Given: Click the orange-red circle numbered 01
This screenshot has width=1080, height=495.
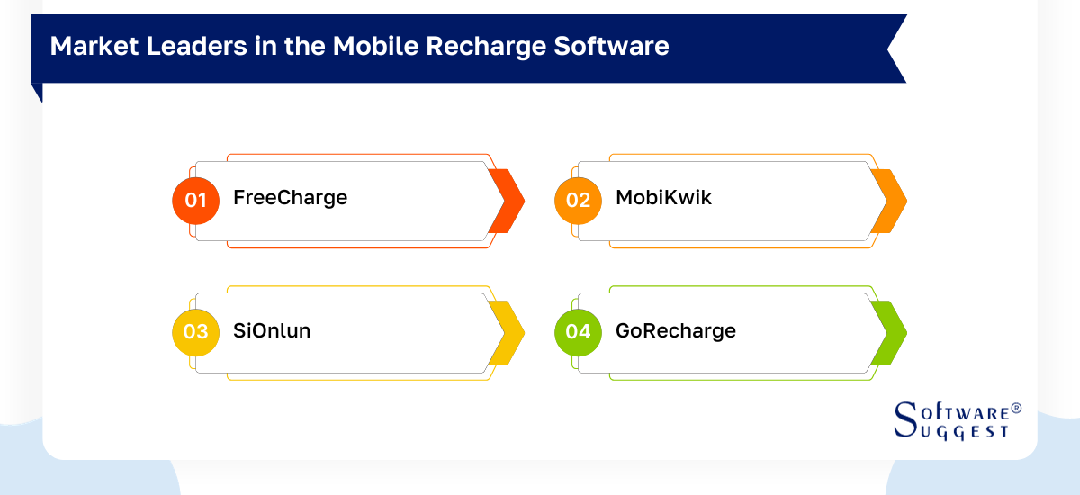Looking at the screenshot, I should tap(195, 200).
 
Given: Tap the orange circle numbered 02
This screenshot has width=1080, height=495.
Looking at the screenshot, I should tap(578, 200).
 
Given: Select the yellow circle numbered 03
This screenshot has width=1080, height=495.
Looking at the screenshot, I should tap(195, 331).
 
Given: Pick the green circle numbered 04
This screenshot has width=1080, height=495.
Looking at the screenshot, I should tap(578, 331).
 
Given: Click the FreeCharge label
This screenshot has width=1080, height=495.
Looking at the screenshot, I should tap(290, 198).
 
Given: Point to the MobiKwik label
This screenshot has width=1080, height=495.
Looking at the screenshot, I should tap(663, 198).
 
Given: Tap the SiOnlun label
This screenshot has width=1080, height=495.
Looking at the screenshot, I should tap(272, 331).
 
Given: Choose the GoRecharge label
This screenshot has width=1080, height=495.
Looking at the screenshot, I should tap(675, 331).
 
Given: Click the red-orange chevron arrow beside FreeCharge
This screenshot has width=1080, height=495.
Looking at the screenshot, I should tap(507, 201).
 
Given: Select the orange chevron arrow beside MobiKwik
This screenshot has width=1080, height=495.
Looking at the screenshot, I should tap(889, 201).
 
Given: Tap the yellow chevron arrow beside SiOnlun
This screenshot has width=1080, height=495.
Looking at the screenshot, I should tap(507, 332).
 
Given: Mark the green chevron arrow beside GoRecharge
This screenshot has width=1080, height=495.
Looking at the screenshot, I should tap(889, 332).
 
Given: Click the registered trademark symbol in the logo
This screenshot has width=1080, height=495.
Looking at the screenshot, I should tap(1016, 408).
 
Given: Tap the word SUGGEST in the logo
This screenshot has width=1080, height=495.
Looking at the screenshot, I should tap(967, 432).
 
